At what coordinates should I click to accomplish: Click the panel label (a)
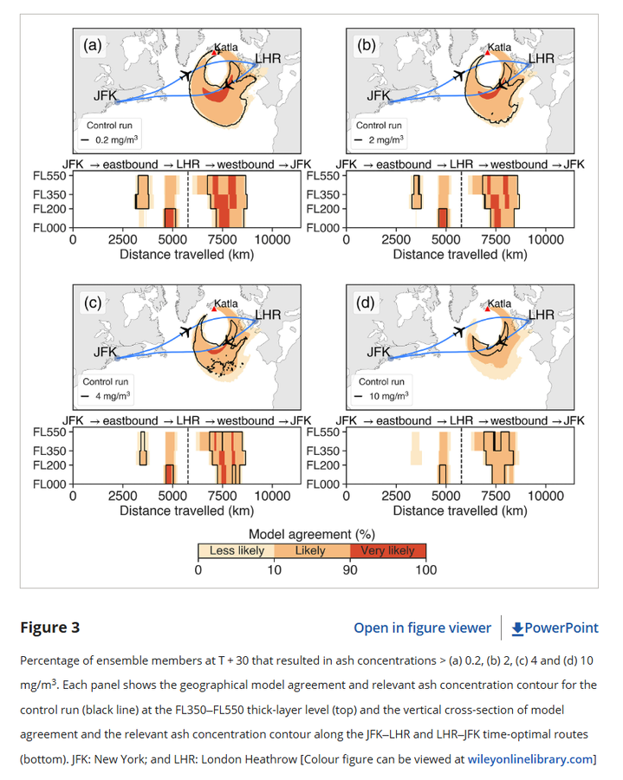93,45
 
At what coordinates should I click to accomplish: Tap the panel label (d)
366,302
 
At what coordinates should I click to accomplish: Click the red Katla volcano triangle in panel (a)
214,52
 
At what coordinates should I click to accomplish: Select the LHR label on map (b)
541,59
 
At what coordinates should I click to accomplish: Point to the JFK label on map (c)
106,352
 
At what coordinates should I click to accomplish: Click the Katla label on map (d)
499,303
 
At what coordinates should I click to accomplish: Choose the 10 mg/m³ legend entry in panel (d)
381,396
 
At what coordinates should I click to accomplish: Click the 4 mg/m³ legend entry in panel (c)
107,396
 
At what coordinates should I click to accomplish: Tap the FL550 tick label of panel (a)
49,176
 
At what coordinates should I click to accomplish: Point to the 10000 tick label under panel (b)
545,240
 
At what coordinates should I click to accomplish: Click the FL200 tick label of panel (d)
322,465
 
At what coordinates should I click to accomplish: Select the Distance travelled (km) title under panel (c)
187,510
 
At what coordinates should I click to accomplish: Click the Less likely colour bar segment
237,550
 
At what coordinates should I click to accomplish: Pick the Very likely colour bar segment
388,550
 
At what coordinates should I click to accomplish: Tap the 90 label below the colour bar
350,570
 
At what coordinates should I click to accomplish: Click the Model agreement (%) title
312,534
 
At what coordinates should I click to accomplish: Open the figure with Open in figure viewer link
422,627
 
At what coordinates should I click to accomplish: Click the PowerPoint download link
555,627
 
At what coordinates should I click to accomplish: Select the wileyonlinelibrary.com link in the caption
530,759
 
